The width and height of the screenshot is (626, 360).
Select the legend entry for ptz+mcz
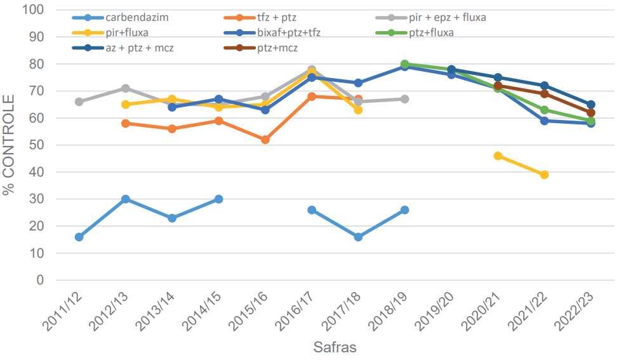[277, 48]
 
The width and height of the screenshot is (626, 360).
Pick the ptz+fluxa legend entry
[431, 33]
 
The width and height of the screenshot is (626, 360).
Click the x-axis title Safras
[335, 348]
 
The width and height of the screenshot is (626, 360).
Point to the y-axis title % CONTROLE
[10, 145]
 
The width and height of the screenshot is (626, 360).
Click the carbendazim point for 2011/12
[79, 237]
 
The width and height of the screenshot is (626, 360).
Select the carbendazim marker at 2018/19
[404, 210]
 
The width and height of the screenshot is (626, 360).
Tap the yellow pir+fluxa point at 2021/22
[544, 175]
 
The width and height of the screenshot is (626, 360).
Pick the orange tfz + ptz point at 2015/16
[265, 140]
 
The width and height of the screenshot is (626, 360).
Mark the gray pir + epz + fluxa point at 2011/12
[79, 102]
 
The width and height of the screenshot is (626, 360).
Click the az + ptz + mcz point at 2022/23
[590, 105]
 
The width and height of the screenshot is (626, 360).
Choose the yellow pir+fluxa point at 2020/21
[498, 156]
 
